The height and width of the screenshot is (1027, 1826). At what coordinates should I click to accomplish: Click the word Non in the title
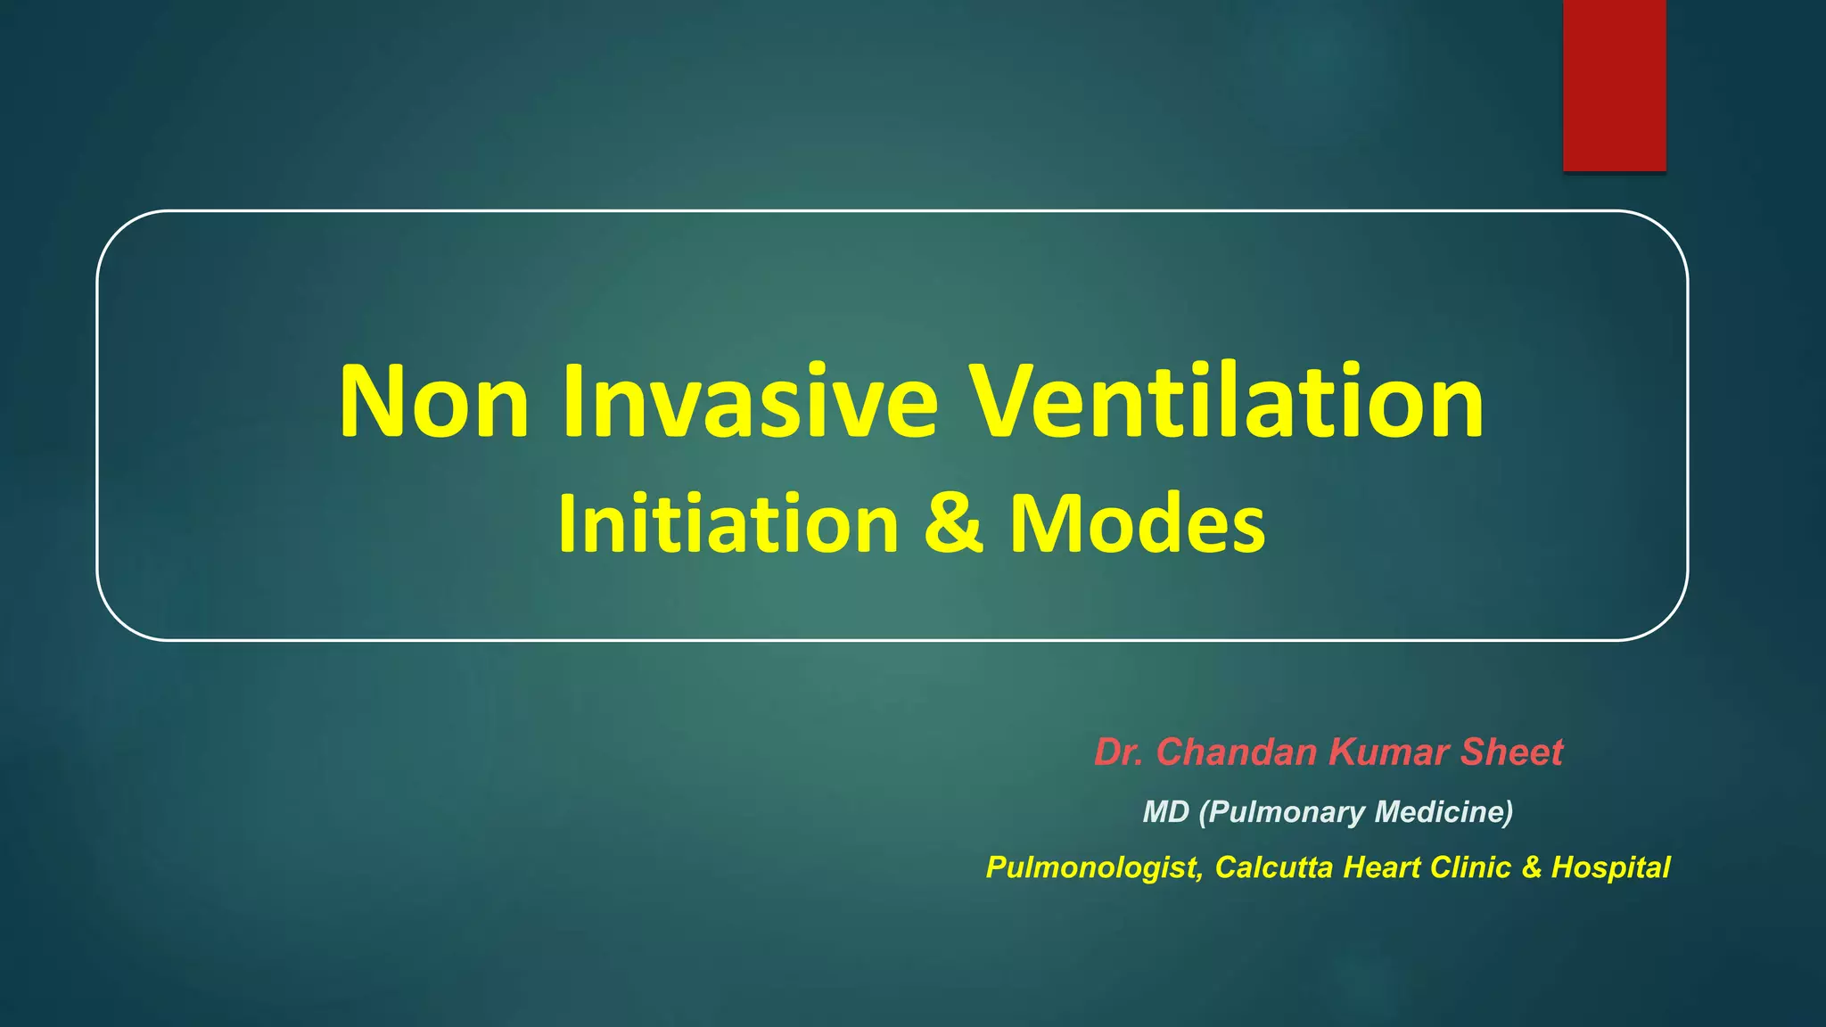click(x=434, y=402)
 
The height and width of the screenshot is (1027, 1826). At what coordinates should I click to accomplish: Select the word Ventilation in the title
click(x=1227, y=402)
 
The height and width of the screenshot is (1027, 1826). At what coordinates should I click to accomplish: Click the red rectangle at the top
click(x=1614, y=85)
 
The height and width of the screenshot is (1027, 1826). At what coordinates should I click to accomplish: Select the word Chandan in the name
click(x=1237, y=752)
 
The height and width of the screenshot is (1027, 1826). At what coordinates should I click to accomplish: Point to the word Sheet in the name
click(x=1512, y=752)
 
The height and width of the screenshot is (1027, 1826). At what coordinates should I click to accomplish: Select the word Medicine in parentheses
click(x=1444, y=812)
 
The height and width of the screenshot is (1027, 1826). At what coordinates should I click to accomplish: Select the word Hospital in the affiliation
click(x=1610, y=867)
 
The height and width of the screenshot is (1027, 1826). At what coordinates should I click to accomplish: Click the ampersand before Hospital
click(x=1532, y=867)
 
